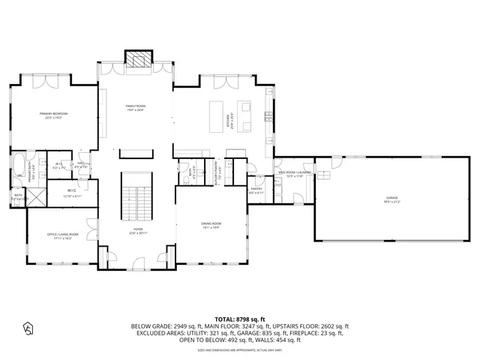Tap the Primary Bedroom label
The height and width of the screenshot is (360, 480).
(x=55, y=115)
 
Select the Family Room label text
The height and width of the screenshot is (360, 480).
(x=136, y=107)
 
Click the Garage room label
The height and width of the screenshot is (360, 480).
(x=371, y=199)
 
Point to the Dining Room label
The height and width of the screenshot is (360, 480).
(x=211, y=225)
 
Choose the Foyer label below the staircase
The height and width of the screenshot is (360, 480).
(x=138, y=231)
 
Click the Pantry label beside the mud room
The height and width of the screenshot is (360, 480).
(x=256, y=190)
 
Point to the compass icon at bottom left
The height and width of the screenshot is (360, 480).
(x=28, y=328)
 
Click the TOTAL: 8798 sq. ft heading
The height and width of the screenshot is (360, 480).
(x=239, y=319)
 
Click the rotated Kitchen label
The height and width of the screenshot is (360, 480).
(x=229, y=120)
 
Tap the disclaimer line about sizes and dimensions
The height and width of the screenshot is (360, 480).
(x=239, y=349)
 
